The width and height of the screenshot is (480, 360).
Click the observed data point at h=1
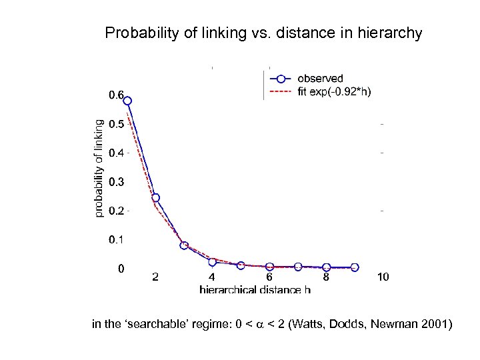pos(127,101)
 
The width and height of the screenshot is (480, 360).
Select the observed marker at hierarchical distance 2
pos(155,197)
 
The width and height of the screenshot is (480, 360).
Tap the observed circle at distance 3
pos(184,245)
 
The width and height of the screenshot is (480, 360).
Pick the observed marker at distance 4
pos(212,262)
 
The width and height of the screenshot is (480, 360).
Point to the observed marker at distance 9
pos(355,267)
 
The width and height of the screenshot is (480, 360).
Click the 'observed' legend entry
pos(320,79)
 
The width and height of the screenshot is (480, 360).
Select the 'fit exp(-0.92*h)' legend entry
pos(334,93)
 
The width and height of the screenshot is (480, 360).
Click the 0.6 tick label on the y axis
pos(116,95)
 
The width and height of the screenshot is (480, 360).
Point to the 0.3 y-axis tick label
pos(116,181)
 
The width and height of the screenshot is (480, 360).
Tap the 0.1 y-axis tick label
pos(116,239)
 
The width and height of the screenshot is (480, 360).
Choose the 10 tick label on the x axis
pos(383,277)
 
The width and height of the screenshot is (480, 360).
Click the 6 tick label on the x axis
pos(269,277)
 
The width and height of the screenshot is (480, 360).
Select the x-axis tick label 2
pos(155,277)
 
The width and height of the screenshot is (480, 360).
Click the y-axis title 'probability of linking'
pos(99,167)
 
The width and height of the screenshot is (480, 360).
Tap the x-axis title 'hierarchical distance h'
pos(255,289)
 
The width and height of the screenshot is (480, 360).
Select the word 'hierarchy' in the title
pos(393,33)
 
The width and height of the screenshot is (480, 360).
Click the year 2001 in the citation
pos(435,325)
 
